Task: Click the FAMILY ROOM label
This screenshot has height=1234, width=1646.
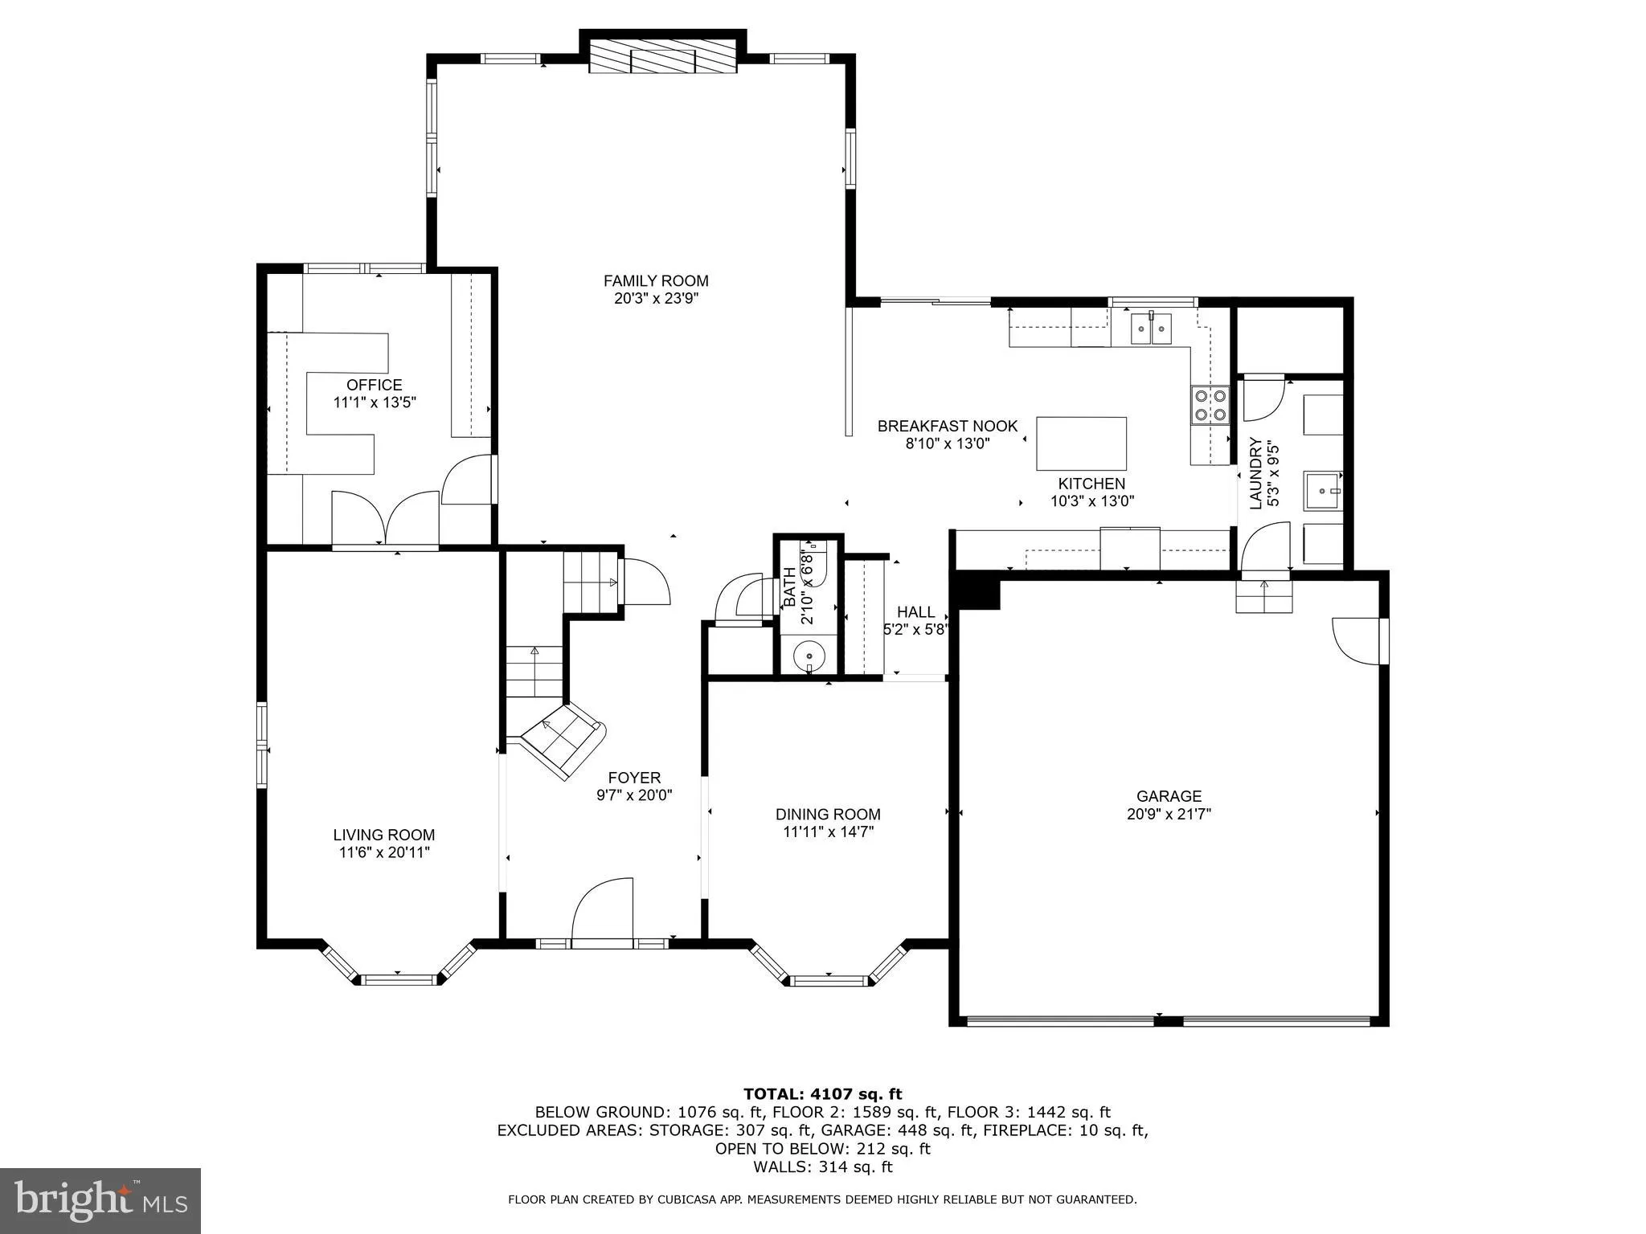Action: tap(656, 281)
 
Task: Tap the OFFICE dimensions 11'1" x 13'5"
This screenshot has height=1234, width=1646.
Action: tap(375, 402)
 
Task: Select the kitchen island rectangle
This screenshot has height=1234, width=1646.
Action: tap(1081, 443)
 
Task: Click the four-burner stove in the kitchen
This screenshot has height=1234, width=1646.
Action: tap(1210, 404)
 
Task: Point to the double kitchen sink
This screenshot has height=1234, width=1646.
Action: tap(1151, 328)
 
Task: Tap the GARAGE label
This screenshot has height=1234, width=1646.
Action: tap(1169, 796)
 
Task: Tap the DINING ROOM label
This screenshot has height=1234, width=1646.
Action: tap(828, 815)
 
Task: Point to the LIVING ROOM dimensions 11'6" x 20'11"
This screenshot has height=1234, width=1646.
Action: tap(384, 853)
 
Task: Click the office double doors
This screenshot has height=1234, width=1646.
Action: tap(386, 519)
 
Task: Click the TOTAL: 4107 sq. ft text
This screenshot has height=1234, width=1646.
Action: tap(822, 1094)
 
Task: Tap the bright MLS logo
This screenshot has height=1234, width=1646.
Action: tap(100, 1201)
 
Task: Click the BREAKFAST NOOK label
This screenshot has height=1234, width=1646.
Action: tap(947, 427)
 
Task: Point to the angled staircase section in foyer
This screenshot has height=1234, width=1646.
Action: tap(563, 741)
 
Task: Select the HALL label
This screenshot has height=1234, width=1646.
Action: tap(915, 612)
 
